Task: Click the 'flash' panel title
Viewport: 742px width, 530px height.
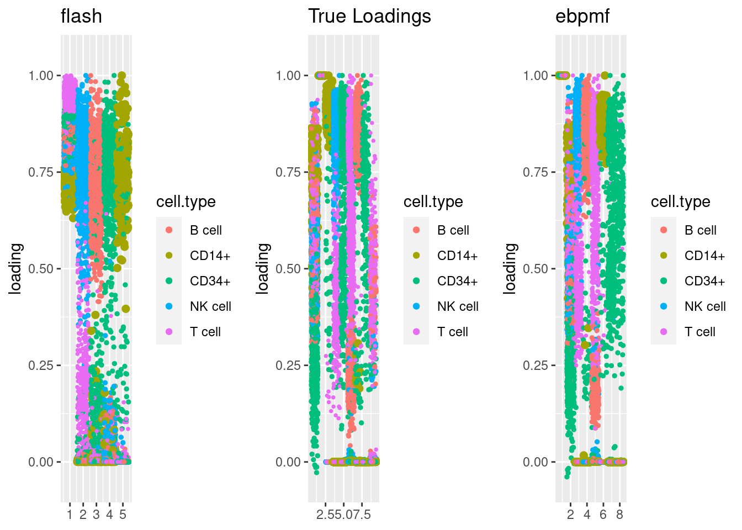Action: tap(81, 17)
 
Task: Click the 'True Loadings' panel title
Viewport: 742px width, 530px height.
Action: tap(369, 17)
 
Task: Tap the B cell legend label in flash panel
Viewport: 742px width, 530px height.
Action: tap(205, 230)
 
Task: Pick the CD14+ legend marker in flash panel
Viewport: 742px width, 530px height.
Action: tap(169, 256)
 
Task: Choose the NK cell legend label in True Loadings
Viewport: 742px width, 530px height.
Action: tap(458, 306)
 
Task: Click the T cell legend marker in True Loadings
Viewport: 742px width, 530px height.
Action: tap(416, 332)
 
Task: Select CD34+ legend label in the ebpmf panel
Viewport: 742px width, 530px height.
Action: tap(704, 281)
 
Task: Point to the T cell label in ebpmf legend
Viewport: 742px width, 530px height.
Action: tap(699, 332)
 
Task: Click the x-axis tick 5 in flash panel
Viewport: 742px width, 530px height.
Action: tap(123, 515)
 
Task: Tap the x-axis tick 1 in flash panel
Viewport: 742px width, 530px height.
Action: tap(70, 515)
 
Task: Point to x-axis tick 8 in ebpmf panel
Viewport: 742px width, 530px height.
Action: tap(619, 515)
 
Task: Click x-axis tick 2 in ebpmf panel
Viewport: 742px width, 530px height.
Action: tap(570, 515)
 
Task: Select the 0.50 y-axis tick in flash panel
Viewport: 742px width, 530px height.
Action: tap(41, 269)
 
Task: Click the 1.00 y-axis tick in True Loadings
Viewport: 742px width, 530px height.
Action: tap(288, 76)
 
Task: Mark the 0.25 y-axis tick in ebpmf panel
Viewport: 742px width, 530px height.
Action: tap(536, 365)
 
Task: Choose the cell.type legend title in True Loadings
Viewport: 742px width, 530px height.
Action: tap(433, 202)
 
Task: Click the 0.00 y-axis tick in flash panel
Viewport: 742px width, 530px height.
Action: tap(41, 462)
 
